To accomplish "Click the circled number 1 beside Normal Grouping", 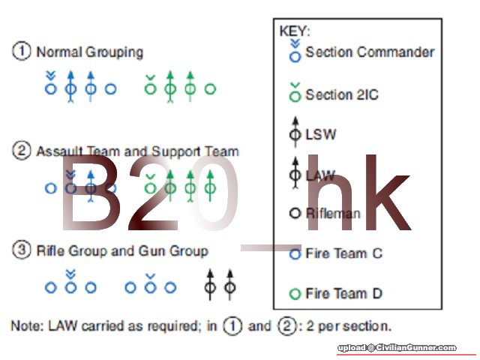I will pyautogui.click(x=22, y=52).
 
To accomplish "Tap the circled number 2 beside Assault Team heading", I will pyautogui.click(x=22, y=151).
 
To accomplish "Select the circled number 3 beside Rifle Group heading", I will pyautogui.click(x=22, y=250).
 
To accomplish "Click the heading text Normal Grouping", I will pyautogui.click(x=89, y=52).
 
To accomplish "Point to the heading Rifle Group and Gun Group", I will pyautogui.click(x=122, y=250).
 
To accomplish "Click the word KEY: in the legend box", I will pyautogui.click(x=295, y=31).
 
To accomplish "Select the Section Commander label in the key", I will pyautogui.click(x=370, y=52).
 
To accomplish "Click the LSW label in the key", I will pyautogui.click(x=321, y=135).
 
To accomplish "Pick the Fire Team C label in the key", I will pyautogui.click(x=343, y=253).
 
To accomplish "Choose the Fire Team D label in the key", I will pyautogui.click(x=343, y=293).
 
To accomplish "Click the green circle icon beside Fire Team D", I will pyautogui.click(x=295, y=294).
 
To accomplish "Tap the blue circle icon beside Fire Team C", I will pyautogui.click(x=295, y=254).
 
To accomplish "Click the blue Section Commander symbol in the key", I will pyautogui.click(x=295, y=51).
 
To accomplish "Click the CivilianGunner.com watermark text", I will pyautogui.click(x=397, y=348).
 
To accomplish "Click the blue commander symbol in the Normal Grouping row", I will pyautogui.click(x=50, y=85).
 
